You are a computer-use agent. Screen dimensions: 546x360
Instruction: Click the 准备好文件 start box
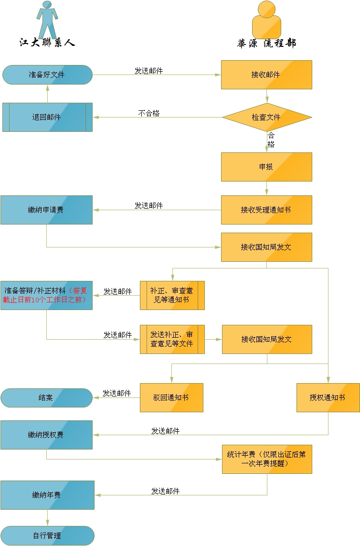pos(47,75)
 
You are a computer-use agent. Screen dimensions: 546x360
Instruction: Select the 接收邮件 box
pos(266,75)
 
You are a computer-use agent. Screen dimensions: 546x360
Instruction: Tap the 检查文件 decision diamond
pos(266,117)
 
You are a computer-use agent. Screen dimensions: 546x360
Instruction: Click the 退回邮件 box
pos(47,117)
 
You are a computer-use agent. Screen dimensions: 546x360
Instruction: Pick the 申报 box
pos(266,167)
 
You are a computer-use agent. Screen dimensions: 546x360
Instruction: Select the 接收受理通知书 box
pos(266,210)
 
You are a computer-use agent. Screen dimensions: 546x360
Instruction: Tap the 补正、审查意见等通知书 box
pos(172,295)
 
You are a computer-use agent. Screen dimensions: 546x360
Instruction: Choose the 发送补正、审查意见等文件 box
pos(172,339)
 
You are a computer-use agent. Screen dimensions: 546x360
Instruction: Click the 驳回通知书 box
pos(171,397)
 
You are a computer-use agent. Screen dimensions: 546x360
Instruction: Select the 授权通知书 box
pos(328,397)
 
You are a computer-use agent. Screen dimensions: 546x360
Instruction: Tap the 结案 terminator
pos(46,397)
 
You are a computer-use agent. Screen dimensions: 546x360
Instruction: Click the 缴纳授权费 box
pos(46,435)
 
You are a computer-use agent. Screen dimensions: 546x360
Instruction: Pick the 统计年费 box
pos(266,459)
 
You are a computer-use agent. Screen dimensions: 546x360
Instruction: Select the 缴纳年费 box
pos(47,495)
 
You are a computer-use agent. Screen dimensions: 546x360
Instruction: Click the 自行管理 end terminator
pos(47,535)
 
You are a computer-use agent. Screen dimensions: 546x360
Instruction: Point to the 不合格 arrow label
pos(149,114)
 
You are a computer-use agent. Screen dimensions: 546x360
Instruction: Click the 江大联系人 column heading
pos(47,43)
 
